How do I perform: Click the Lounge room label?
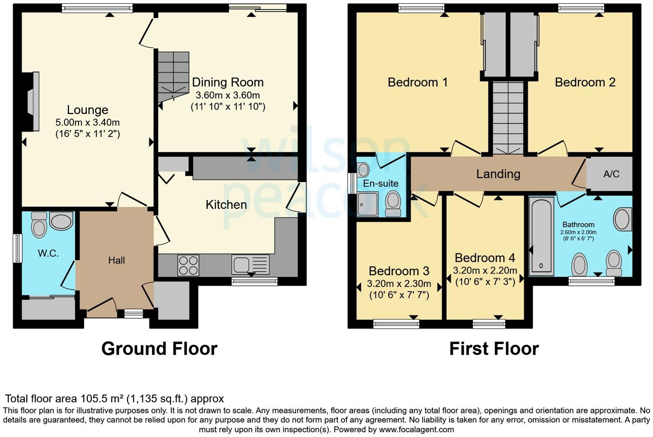click(x=87, y=110)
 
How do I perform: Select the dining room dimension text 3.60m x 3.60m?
click(x=228, y=95)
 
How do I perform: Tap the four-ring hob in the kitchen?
click(x=188, y=265)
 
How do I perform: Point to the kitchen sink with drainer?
click(x=250, y=264)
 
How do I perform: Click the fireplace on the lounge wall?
click(x=32, y=101)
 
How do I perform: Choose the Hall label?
click(x=116, y=260)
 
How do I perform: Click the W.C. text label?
click(x=48, y=253)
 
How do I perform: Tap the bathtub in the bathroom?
click(x=541, y=237)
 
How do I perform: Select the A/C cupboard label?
click(x=611, y=174)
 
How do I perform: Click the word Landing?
click(x=498, y=174)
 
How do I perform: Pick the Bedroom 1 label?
click(x=418, y=82)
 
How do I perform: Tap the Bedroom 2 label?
click(x=585, y=82)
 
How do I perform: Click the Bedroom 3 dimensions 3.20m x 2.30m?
click(x=399, y=283)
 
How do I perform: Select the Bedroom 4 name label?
click(x=485, y=258)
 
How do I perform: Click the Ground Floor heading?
click(x=159, y=348)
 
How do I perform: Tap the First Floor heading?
click(x=494, y=348)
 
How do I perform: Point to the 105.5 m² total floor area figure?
click(x=102, y=398)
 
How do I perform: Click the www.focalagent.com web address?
click(x=416, y=429)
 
